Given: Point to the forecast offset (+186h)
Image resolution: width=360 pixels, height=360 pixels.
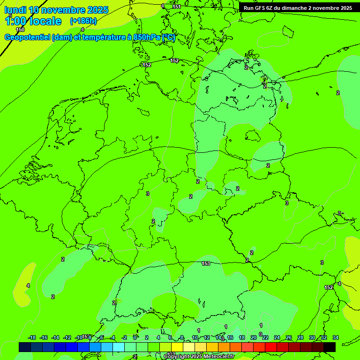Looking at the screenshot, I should click(83, 21).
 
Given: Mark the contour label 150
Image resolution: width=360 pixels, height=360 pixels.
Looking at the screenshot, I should click(20, 30).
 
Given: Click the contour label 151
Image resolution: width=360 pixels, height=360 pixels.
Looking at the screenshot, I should click(176, 7).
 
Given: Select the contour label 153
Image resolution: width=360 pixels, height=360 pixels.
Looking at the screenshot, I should click(206, 264).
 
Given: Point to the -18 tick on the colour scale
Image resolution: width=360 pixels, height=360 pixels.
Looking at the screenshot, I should click(32, 337).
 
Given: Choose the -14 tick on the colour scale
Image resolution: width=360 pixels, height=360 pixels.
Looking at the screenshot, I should click(55, 337).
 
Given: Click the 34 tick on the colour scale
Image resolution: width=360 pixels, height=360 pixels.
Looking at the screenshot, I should click(336, 337).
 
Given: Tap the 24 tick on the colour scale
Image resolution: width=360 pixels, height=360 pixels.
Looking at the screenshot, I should click(277, 337).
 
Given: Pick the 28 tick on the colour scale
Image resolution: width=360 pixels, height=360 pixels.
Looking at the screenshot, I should click(300, 337).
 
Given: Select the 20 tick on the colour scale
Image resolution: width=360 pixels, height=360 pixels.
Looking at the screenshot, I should click(254, 337).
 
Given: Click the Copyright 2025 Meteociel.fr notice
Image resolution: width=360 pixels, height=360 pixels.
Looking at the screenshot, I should click(199, 357).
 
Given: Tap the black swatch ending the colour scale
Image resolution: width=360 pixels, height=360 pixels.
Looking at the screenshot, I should click(330, 347).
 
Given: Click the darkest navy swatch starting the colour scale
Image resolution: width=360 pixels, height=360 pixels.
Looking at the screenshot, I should click(25, 347).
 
